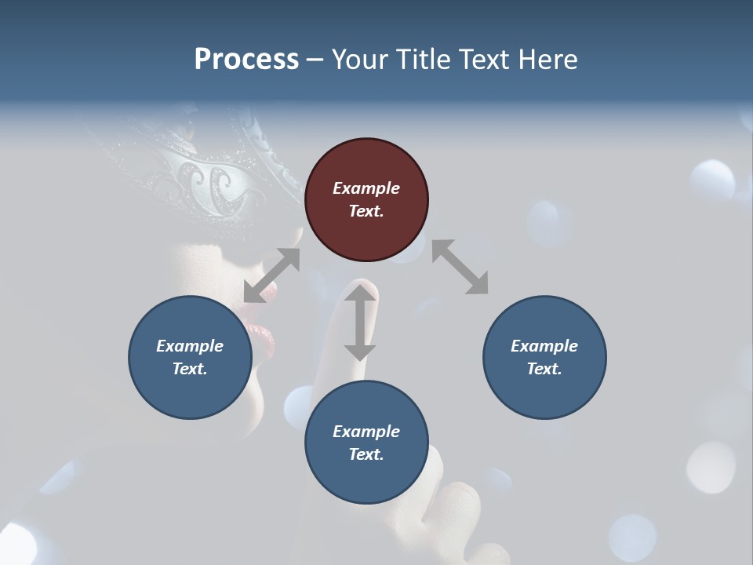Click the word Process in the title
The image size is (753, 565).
coord(246,59)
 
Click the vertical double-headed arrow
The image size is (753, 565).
coord(360,323)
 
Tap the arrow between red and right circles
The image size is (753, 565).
coord(460,267)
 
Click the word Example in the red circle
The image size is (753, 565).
coord(366,188)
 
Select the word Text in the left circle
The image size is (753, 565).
coord(189,369)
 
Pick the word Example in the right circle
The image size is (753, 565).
coord(544,346)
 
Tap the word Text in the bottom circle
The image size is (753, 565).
coord(366,454)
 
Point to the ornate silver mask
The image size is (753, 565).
coord(212,177)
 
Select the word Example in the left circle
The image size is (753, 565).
coord(190,346)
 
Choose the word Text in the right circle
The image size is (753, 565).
coord(544,369)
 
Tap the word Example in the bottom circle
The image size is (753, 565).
coord(366,432)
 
